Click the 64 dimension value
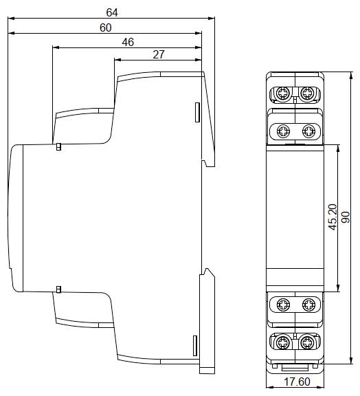point(112,12)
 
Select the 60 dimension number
point(106,27)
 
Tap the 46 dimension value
point(128,42)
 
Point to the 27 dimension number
point(159,54)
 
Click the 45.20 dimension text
point(333,217)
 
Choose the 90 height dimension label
point(346,217)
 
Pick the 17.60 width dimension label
point(297,382)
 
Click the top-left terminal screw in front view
point(282,93)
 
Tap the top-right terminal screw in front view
point(307,93)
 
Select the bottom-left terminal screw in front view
point(282,342)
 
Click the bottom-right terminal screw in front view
point(307,342)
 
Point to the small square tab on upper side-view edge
point(58,146)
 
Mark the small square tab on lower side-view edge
point(58,289)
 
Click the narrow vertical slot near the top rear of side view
point(197,112)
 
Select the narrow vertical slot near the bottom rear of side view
point(195,346)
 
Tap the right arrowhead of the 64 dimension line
point(212,18)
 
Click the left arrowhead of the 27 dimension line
point(118,60)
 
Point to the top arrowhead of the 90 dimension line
point(351,76)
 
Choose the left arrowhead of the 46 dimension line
point(56,47)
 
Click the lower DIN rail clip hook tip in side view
point(207,269)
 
